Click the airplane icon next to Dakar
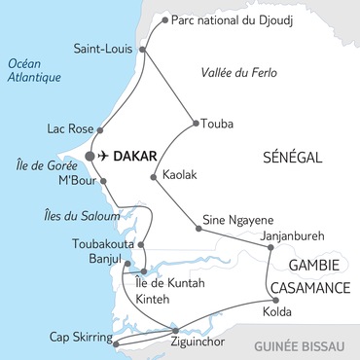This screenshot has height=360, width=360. (104, 156)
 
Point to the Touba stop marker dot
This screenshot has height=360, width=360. (196, 123)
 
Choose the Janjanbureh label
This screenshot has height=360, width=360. (287, 235)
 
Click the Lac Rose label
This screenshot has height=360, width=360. (69, 127)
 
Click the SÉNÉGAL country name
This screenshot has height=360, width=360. (292, 156)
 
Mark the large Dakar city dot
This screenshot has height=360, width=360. (90, 156)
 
